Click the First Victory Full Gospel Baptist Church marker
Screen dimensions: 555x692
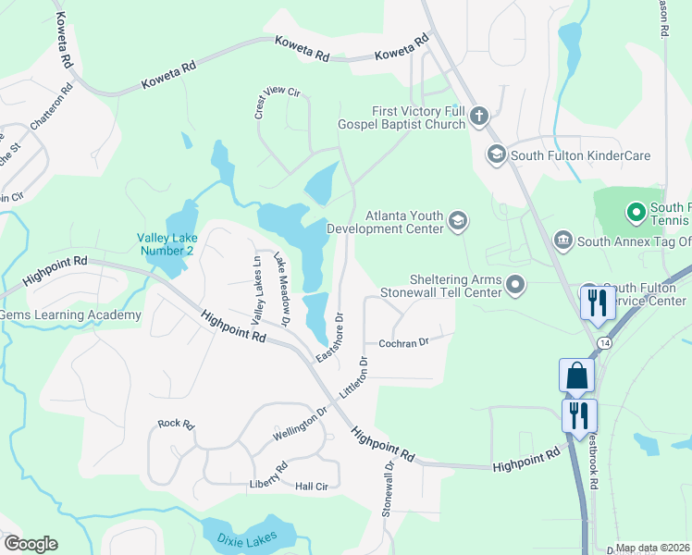[x=478, y=116]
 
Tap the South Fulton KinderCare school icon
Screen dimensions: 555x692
[x=496, y=154]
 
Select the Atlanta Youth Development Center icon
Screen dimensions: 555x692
[x=457, y=221]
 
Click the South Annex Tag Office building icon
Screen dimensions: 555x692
[x=562, y=241]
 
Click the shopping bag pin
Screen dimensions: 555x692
[x=575, y=376]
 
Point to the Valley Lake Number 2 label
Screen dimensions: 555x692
[x=167, y=244]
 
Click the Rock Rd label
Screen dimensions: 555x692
[x=175, y=424]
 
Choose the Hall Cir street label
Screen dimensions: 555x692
[x=312, y=487]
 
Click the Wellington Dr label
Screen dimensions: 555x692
[x=300, y=424]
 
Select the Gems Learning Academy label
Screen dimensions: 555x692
[x=70, y=315]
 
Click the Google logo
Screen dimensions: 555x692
[x=31, y=544]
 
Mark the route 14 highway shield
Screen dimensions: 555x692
[x=604, y=343]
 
